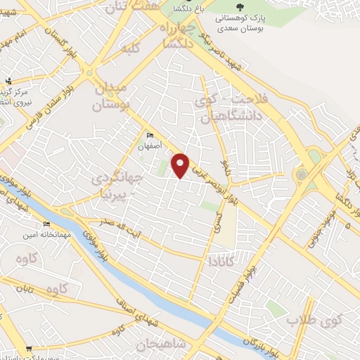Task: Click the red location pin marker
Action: pyautogui.click(x=181, y=165)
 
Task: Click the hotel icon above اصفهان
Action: pyautogui.click(x=150, y=135)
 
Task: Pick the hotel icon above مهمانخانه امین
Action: pyautogui.click(x=49, y=224)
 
